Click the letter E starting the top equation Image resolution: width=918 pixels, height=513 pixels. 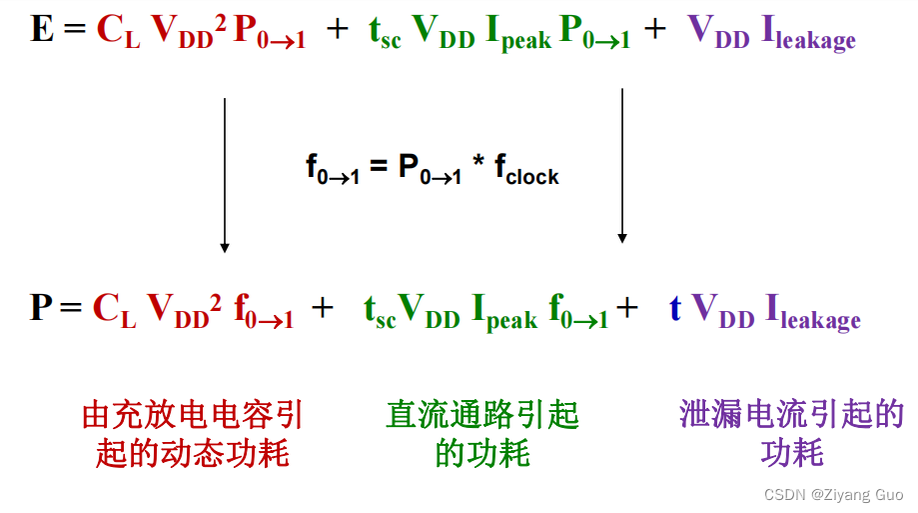tap(41, 30)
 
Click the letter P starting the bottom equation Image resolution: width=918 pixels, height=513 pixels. tap(41, 307)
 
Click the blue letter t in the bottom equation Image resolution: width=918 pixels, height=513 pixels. tap(675, 307)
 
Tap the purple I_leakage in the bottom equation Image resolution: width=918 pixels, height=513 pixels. tap(812, 311)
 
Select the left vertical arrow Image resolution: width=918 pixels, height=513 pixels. tap(225, 175)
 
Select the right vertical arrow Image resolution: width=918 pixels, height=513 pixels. tap(622, 166)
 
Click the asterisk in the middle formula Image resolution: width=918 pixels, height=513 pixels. tap(479, 166)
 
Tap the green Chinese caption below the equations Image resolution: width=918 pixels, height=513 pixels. tap(481, 435)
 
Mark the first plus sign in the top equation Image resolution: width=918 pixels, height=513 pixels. tap(338, 31)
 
